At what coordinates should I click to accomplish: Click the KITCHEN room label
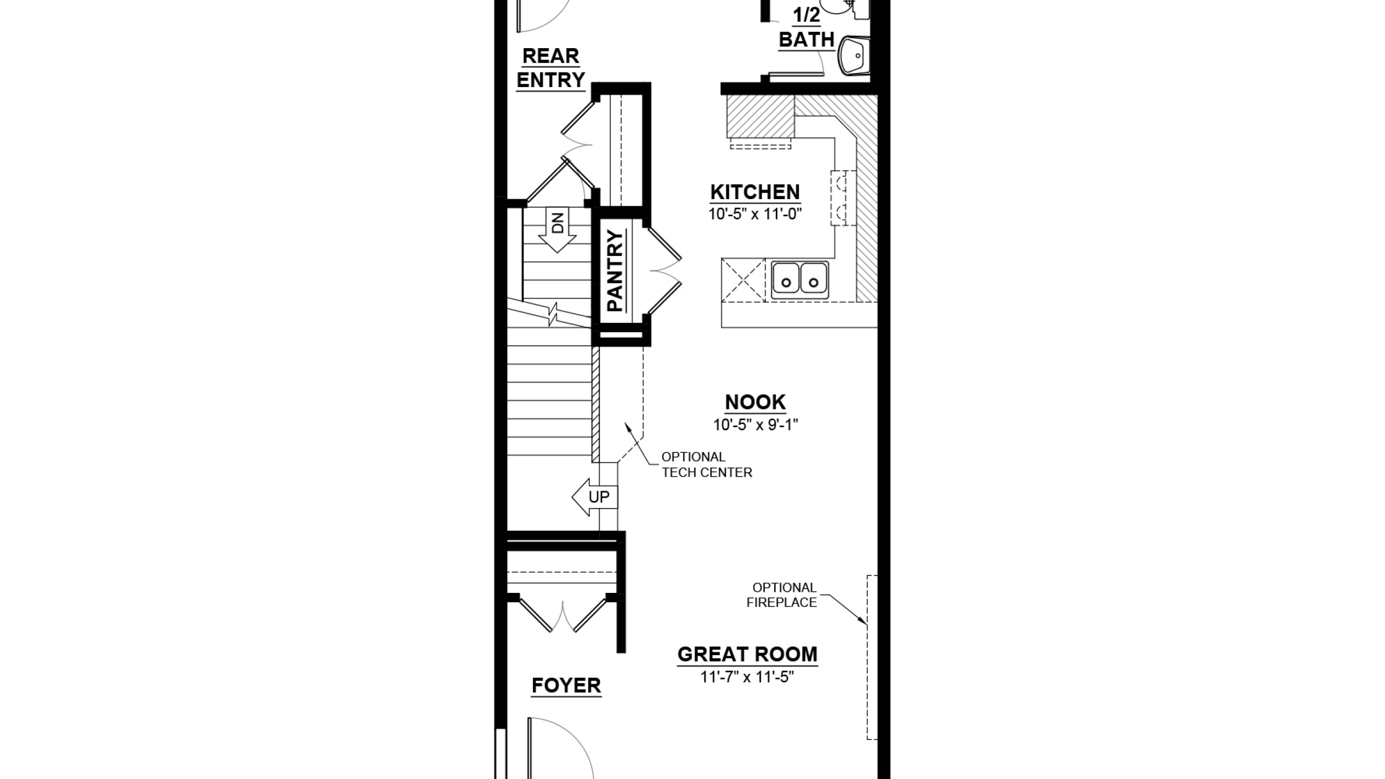[x=755, y=192]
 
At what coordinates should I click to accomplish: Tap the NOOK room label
[x=755, y=402]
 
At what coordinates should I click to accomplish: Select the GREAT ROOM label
[x=747, y=655]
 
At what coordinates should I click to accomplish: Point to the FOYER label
[x=566, y=685]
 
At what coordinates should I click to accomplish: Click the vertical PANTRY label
[x=615, y=270]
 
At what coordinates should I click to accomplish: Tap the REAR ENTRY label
[x=551, y=68]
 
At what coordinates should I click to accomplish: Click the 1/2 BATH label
[x=806, y=28]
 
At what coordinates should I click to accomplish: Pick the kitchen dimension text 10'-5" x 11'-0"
[x=755, y=214]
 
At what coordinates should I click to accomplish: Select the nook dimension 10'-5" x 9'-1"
[x=755, y=425]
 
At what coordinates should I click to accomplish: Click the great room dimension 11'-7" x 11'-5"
[x=747, y=677]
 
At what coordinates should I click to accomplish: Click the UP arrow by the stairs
[x=594, y=497]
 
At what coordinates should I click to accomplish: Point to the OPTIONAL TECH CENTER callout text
[x=707, y=465]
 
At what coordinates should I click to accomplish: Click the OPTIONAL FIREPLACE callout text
[x=782, y=595]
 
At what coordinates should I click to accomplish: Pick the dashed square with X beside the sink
[x=744, y=280]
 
